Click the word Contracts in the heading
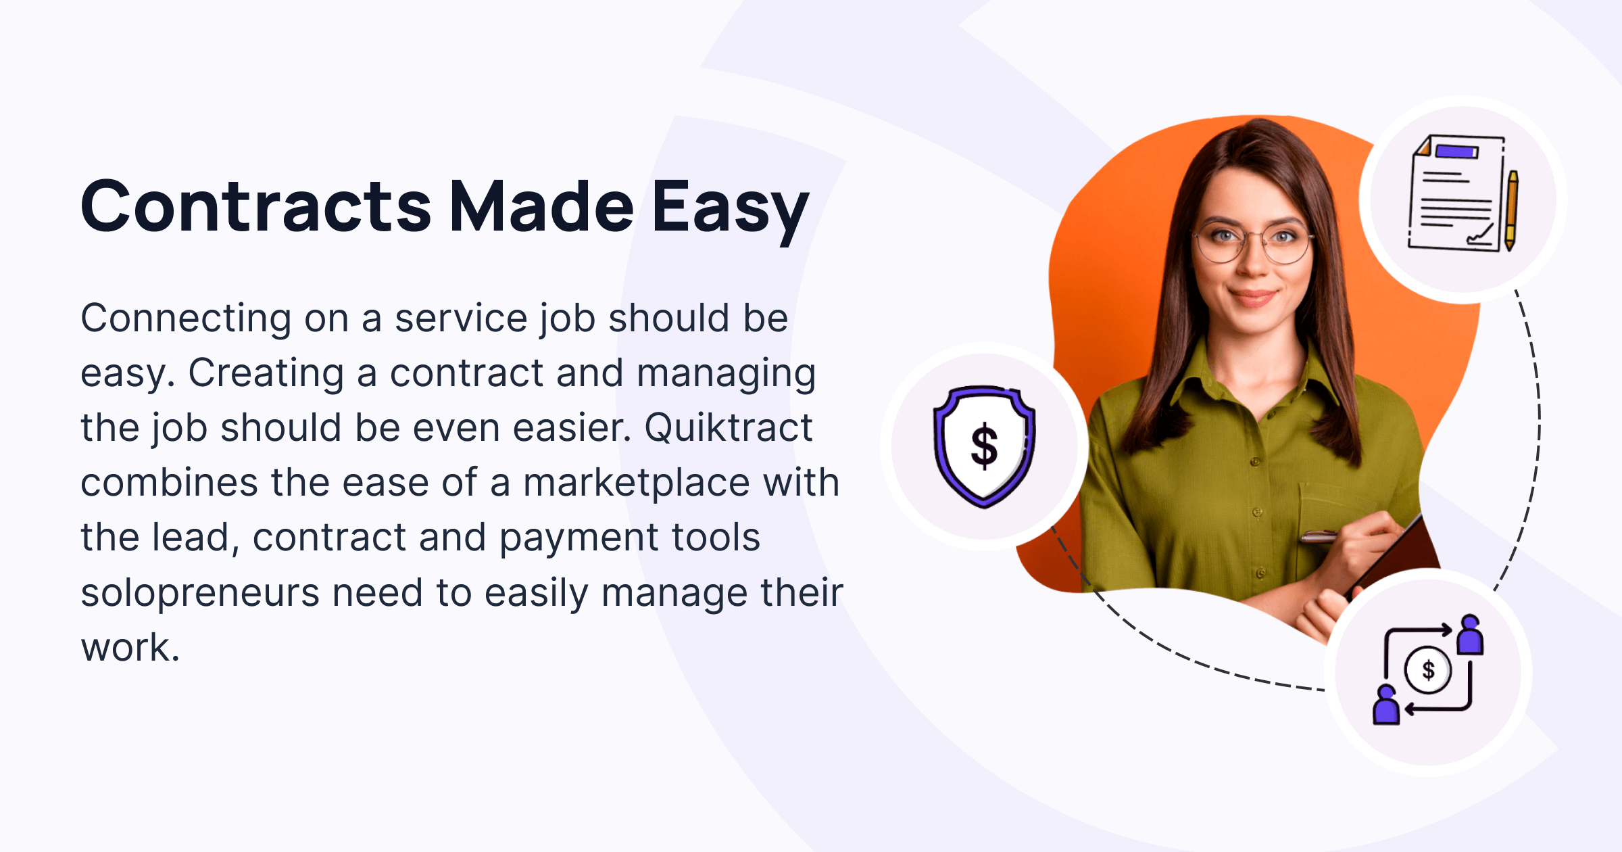tap(255, 206)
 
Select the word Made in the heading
tap(541, 206)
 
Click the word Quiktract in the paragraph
tap(728, 429)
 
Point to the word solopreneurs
tap(199, 594)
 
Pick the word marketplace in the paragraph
tap(636, 483)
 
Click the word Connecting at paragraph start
tap(186, 318)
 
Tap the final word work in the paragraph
tap(130, 648)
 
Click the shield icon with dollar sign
tap(984, 446)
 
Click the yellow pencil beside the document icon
tap(1511, 210)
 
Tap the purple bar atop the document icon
tap(1457, 151)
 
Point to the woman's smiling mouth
tap(1252, 296)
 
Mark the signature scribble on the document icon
tap(1480, 236)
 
